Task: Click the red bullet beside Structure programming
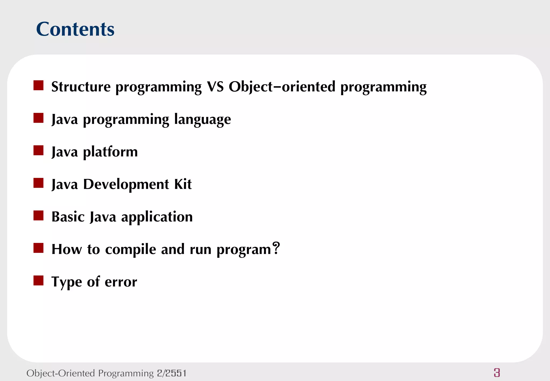38,85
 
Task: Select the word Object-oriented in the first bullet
282,87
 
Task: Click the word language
202,120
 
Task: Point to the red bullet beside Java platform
38,150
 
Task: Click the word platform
110,152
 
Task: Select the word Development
126,184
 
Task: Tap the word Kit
183,184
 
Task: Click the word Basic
68,217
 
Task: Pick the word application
157,217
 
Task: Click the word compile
131,249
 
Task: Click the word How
67,249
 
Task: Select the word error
121,282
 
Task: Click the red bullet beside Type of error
38,281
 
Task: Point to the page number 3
497,373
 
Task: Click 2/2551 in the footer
172,373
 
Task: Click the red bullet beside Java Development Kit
38,183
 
